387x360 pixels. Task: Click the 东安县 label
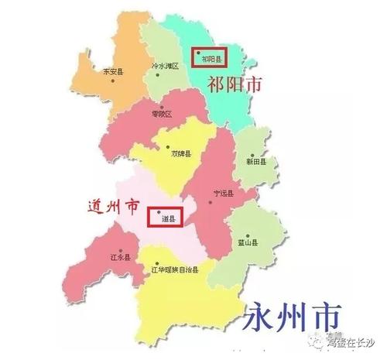pyautogui.click(x=114, y=71)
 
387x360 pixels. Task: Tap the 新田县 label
pyautogui.click(x=256, y=163)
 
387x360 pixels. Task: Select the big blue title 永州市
pyautogui.click(x=293, y=317)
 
